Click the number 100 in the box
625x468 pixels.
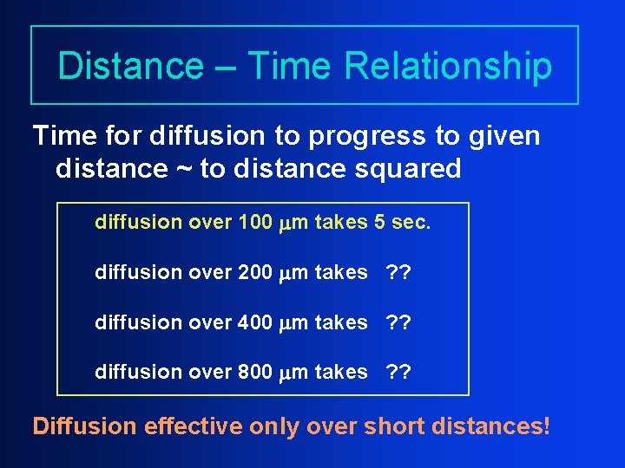click(x=254, y=223)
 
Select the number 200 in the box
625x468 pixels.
click(x=254, y=272)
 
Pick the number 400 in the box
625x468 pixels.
click(x=254, y=322)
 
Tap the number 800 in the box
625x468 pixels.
click(x=254, y=372)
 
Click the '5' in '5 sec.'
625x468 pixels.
click(x=379, y=223)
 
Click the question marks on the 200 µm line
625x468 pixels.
click(x=399, y=272)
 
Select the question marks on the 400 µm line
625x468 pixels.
click(x=399, y=322)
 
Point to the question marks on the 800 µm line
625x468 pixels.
click(x=399, y=372)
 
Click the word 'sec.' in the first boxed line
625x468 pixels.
click(x=410, y=223)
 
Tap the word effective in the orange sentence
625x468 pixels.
click(x=193, y=427)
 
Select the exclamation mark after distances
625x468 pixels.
click(x=547, y=427)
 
